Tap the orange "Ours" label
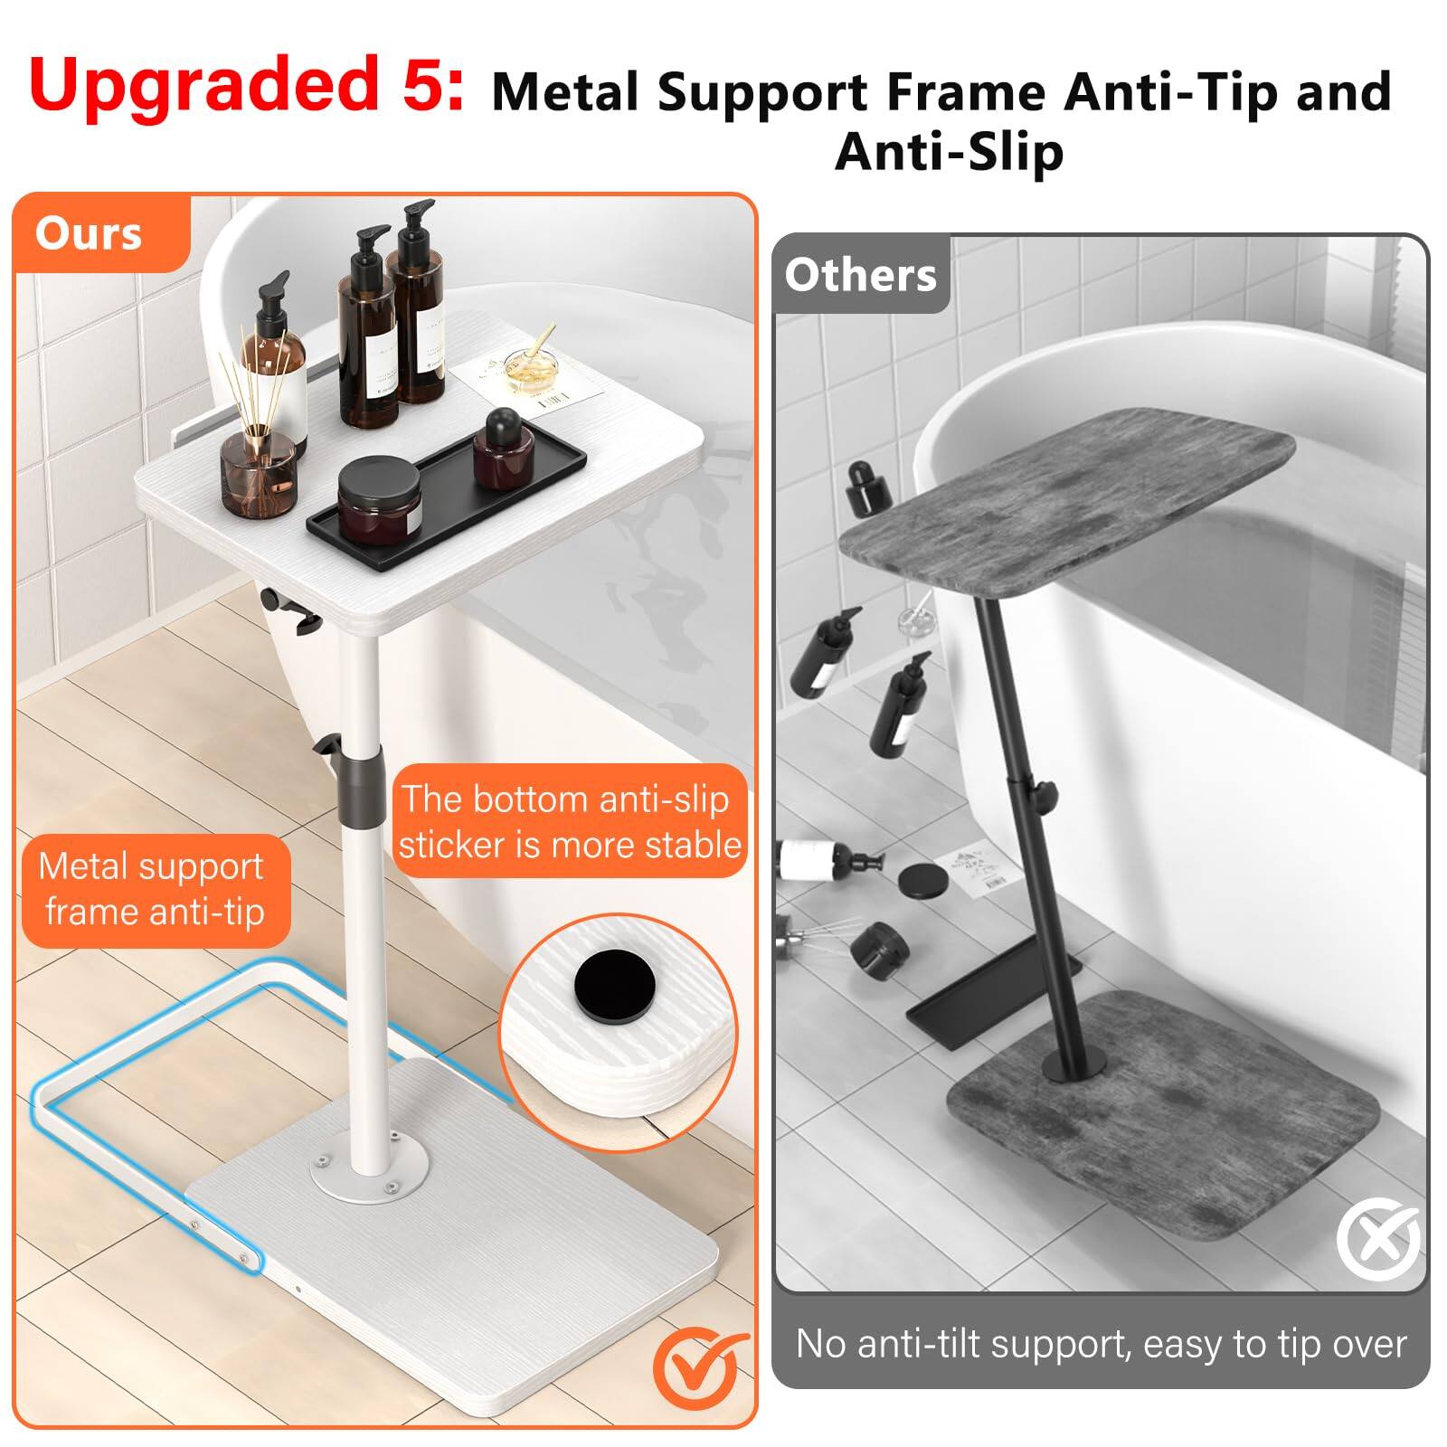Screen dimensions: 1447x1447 tap(89, 233)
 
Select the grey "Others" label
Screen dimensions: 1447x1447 tap(860, 275)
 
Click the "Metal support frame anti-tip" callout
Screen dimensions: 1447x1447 tap(154, 890)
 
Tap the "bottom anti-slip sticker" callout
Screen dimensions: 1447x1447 tap(570, 822)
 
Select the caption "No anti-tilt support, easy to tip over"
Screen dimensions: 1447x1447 tap(1101, 1344)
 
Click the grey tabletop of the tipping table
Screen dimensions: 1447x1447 tap(1067, 506)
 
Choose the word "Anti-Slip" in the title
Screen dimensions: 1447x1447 tap(949, 151)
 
